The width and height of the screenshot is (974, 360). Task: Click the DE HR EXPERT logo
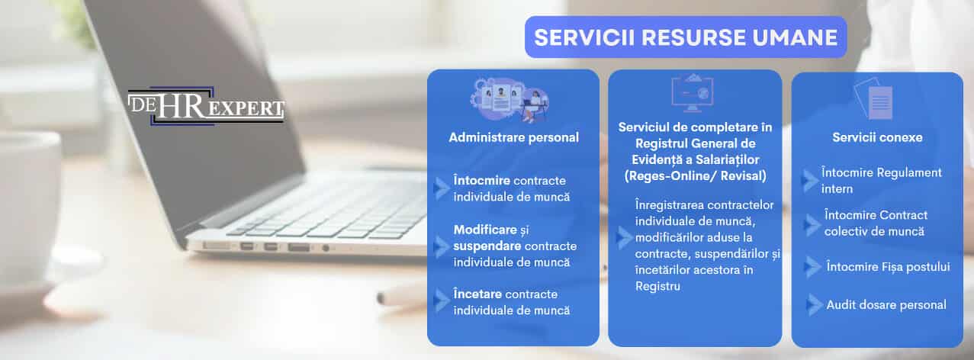pyautogui.click(x=206, y=106)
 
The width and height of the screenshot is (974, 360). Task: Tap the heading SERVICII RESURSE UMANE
pyautogui.click(x=686, y=37)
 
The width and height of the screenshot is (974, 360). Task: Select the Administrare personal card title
pyautogui.click(x=513, y=138)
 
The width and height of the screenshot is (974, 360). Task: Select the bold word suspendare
pyautogui.click(x=487, y=246)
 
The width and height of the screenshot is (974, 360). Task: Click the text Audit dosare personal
pyautogui.click(x=886, y=305)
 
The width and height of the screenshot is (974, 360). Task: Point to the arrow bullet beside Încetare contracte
pyautogui.click(x=441, y=301)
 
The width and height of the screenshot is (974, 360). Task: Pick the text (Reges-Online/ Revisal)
pyautogui.click(x=695, y=175)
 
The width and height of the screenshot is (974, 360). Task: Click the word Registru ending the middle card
pyautogui.click(x=657, y=287)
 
